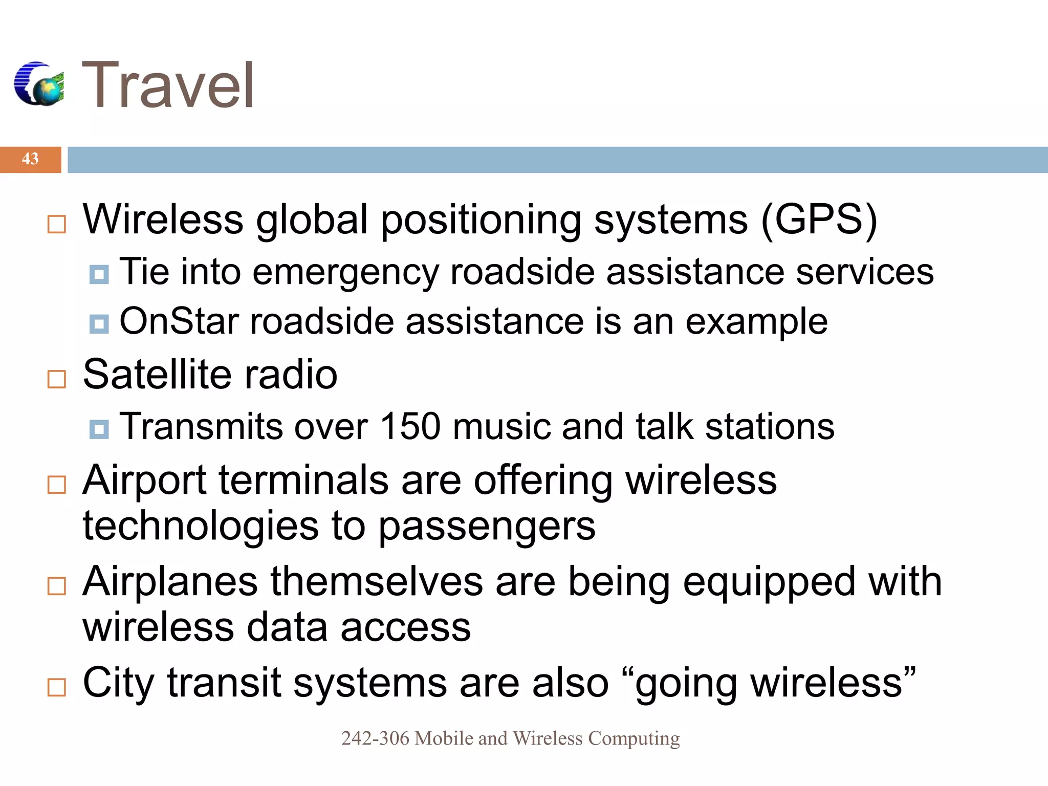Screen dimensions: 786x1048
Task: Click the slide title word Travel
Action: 168,85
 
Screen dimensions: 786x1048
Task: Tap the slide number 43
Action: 30,159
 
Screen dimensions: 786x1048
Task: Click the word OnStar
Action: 179,322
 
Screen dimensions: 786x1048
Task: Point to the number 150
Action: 410,426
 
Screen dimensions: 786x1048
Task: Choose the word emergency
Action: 345,273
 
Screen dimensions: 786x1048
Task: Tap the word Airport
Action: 144,481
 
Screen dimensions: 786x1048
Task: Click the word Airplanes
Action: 170,582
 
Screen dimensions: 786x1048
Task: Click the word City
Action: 118,683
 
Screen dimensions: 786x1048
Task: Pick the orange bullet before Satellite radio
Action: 56,379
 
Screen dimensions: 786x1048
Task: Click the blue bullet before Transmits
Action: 99,429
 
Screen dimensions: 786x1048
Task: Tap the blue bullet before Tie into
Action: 99,274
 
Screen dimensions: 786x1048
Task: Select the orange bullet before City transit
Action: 56,687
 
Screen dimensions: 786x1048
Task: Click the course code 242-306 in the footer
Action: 375,738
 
